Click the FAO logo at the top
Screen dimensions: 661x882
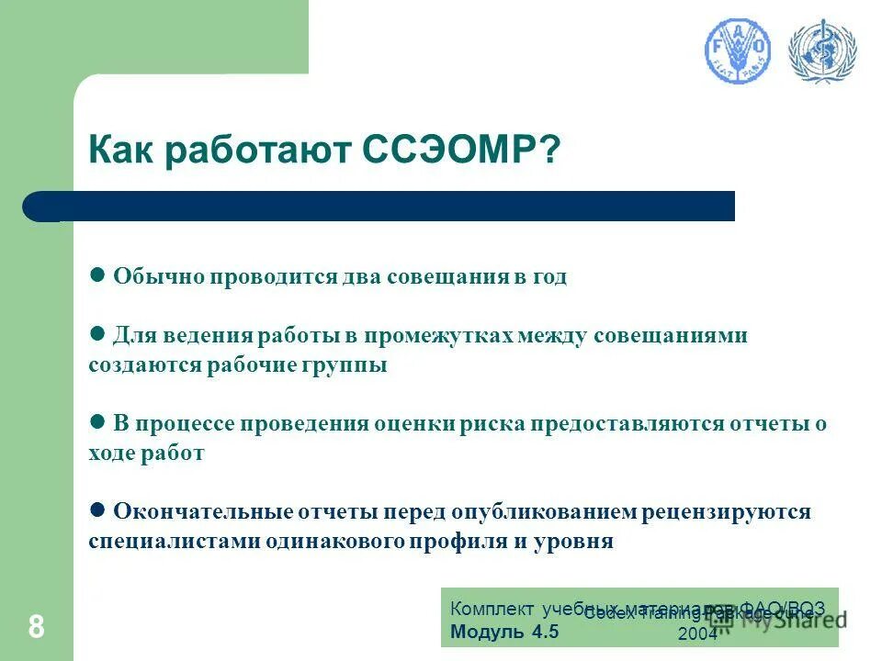click(x=738, y=50)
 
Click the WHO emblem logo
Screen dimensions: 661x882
click(x=821, y=50)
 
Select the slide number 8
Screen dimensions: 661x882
click(x=36, y=627)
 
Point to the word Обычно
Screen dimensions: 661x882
click(x=157, y=277)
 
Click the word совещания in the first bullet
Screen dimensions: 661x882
click(x=445, y=277)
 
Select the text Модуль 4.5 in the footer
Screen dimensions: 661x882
click(x=504, y=632)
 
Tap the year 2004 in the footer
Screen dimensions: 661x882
click(x=697, y=633)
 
